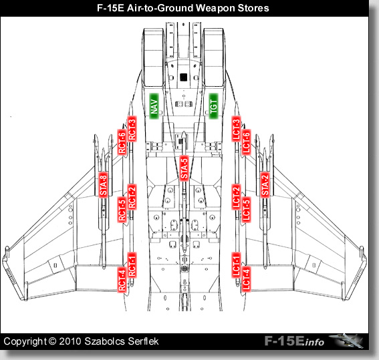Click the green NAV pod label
click(154, 106)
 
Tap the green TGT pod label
click(213, 106)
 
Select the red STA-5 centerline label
click(184, 168)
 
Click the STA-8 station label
click(103, 185)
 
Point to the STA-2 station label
click(265, 185)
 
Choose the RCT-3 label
click(132, 129)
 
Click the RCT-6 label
click(122, 142)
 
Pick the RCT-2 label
click(132, 197)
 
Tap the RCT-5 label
click(122, 210)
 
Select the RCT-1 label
click(132, 265)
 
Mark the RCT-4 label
click(122, 280)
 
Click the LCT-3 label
click(236, 129)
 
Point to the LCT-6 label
click(246, 142)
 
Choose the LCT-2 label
click(236, 197)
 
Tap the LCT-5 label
click(246, 210)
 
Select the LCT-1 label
click(236, 265)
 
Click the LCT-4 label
click(246, 280)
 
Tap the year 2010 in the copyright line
click(70, 341)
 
